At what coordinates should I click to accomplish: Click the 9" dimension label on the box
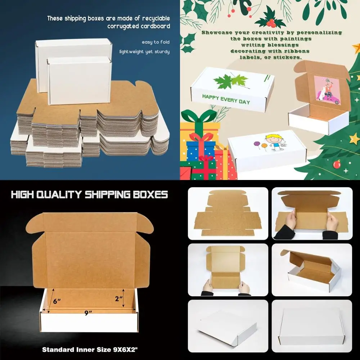pyautogui.click(x=86, y=313)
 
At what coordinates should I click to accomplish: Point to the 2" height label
pyautogui.click(x=118, y=298)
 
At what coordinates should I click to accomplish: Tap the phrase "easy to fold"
pyautogui.click(x=155, y=42)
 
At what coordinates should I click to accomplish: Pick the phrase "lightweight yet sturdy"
pyautogui.click(x=144, y=51)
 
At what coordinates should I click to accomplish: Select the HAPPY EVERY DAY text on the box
pyautogui.click(x=226, y=99)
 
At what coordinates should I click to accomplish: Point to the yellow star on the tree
pyautogui.click(x=354, y=138)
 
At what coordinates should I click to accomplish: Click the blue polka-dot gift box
pyautogui.click(x=199, y=150)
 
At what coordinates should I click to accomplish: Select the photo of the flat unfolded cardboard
pyautogui.click(x=228, y=213)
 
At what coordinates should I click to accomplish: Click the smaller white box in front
pyautogui.click(x=79, y=81)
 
